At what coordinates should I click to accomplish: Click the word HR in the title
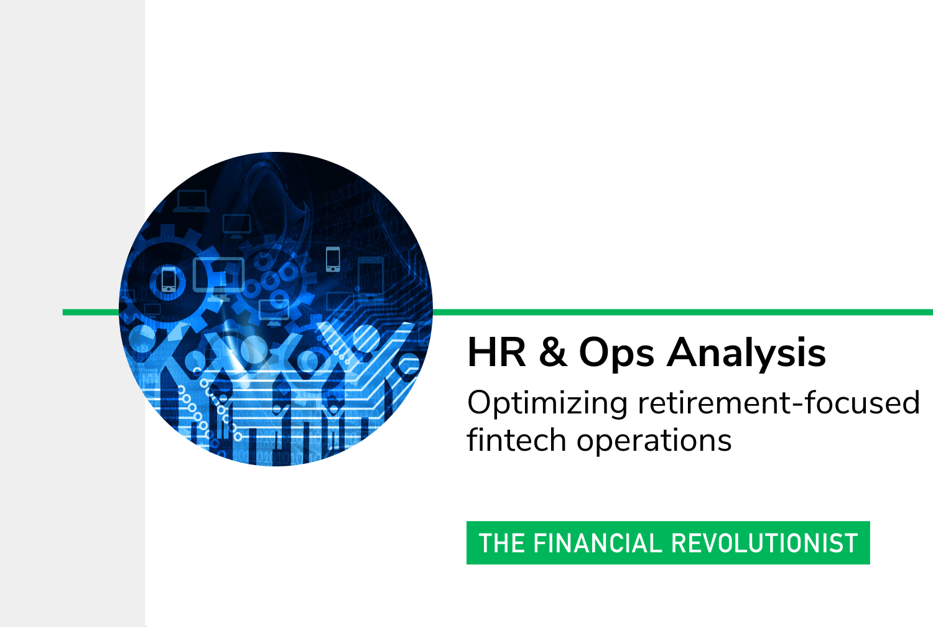(496, 352)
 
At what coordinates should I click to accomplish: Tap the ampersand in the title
(553, 352)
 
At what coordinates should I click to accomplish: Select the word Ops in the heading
(616, 355)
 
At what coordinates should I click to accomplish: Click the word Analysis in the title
(746, 354)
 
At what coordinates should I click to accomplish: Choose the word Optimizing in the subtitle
(547, 404)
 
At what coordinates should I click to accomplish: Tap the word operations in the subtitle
(654, 443)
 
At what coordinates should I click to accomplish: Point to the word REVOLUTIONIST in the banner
(764, 543)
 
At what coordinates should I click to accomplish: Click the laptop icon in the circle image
(191, 201)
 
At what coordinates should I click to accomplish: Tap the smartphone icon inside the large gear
(169, 280)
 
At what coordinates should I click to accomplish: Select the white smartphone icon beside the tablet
(333, 259)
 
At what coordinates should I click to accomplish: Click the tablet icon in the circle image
(370, 278)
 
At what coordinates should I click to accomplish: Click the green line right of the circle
(683, 312)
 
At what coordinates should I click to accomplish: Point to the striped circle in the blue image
(366, 339)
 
